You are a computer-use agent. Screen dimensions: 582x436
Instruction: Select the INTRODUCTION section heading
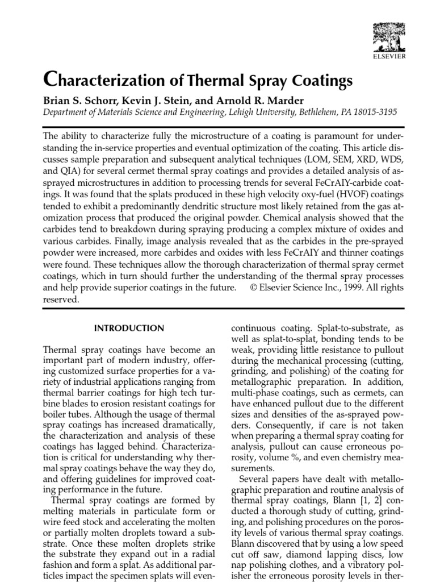129,329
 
